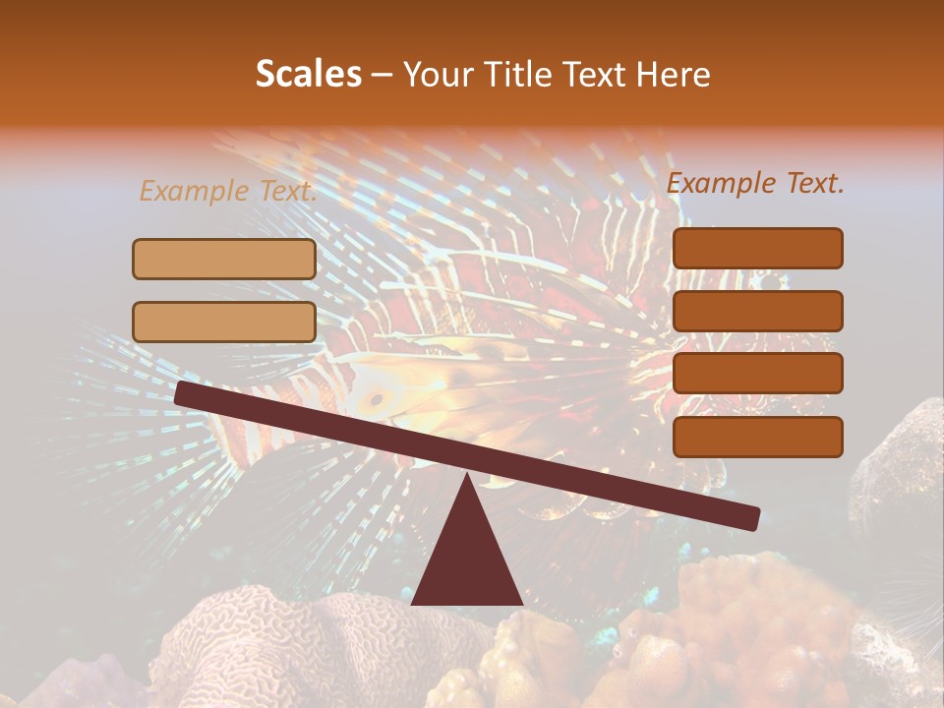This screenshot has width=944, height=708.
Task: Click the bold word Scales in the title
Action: [x=308, y=75]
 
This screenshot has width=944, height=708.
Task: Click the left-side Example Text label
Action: [x=227, y=192]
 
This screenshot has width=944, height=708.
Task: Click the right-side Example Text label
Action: [x=755, y=183]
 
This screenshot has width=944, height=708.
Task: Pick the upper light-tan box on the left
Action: [x=224, y=260]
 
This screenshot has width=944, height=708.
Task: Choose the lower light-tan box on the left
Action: [x=224, y=323]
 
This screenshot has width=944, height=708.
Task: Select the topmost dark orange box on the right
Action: [x=757, y=249]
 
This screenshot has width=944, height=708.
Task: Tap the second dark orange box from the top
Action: [x=757, y=311]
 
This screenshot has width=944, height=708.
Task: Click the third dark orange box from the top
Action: [x=757, y=374]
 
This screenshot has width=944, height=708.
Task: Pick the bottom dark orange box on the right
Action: [x=757, y=437]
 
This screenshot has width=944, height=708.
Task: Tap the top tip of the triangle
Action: [x=467, y=478]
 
